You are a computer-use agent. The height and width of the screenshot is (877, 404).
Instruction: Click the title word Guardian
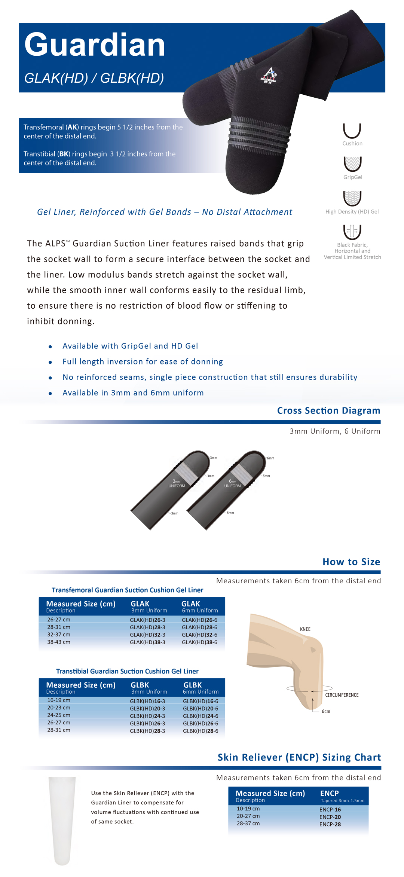(x=95, y=45)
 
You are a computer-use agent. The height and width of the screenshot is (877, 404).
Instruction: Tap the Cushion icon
(x=352, y=131)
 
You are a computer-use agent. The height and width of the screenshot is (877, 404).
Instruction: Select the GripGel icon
(x=352, y=164)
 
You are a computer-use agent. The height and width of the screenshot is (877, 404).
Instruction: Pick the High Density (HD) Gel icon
(x=352, y=198)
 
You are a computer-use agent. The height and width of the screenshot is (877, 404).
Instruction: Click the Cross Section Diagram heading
(x=328, y=411)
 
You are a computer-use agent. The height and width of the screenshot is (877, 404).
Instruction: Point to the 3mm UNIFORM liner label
(x=177, y=483)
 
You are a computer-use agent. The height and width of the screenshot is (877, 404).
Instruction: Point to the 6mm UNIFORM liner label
(x=232, y=483)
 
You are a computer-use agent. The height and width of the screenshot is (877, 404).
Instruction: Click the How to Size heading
(x=351, y=562)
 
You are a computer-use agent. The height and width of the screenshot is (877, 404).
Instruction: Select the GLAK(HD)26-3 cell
(x=147, y=620)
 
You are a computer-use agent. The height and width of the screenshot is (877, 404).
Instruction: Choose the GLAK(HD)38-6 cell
(x=199, y=642)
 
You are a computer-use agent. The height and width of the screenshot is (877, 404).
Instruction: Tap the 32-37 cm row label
(x=59, y=635)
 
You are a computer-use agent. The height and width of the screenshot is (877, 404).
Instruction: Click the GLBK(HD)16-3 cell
(x=147, y=701)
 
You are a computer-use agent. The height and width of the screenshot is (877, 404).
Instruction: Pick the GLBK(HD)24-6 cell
(x=201, y=716)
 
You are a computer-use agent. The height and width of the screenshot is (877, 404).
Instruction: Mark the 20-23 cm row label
(x=59, y=708)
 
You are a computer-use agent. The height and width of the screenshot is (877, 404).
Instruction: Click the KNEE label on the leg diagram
(x=305, y=629)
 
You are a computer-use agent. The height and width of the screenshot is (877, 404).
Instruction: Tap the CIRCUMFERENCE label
(x=342, y=695)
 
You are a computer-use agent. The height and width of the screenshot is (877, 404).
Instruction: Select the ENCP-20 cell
(x=330, y=817)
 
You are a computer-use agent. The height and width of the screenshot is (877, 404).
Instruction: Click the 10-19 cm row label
(x=248, y=809)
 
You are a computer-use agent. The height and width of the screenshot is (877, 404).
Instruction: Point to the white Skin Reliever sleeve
(x=62, y=819)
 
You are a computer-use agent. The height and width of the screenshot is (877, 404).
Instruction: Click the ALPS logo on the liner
(x=269, y=75)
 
